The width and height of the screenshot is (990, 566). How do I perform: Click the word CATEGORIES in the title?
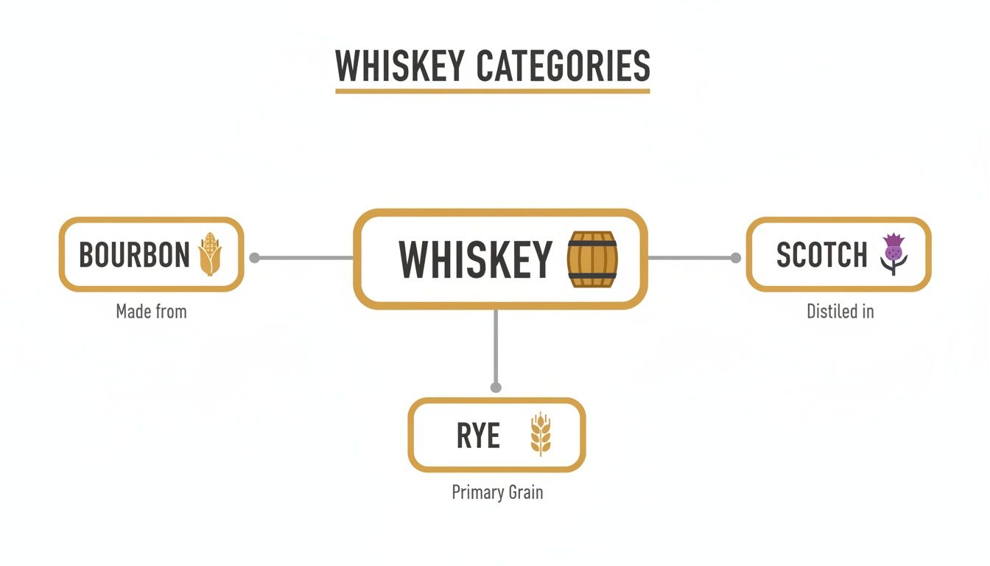[564, 66]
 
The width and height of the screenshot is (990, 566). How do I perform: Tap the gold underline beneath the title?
[492, 91]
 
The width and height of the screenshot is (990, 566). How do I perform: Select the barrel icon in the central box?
[592, 259]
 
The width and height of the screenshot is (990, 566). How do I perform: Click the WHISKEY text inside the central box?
[475, 259]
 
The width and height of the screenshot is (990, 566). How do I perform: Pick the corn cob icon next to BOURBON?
[210, 254]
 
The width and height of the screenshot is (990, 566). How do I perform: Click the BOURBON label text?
[134, 255]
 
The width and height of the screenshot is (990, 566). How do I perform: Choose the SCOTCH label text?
[822, 255]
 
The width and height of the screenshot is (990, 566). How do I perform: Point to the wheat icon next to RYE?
[541, 435]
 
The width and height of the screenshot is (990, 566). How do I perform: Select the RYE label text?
[478, 436]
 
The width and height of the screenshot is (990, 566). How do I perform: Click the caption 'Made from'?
[151, 312]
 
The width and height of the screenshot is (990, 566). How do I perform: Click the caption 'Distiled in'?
[840, 312]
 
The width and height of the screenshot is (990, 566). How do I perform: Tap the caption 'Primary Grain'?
[497, 492]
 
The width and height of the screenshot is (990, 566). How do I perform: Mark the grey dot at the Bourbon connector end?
[255, 258]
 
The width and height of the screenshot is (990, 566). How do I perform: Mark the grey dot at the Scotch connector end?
[735, 258]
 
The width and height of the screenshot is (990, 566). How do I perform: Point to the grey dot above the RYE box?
[496, 387]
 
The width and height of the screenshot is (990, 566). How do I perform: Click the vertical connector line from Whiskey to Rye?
[496, 346]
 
